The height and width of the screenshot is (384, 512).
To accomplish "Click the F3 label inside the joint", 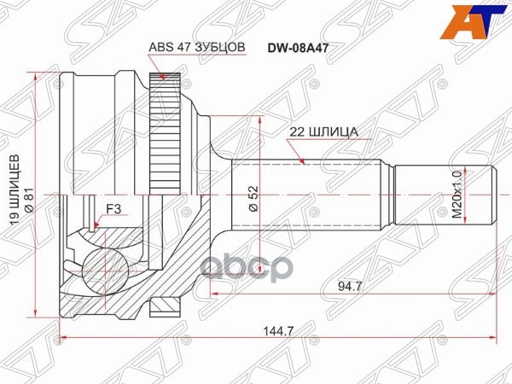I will pos(113,207).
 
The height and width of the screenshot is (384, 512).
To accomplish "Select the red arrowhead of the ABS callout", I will pos(162,79).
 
